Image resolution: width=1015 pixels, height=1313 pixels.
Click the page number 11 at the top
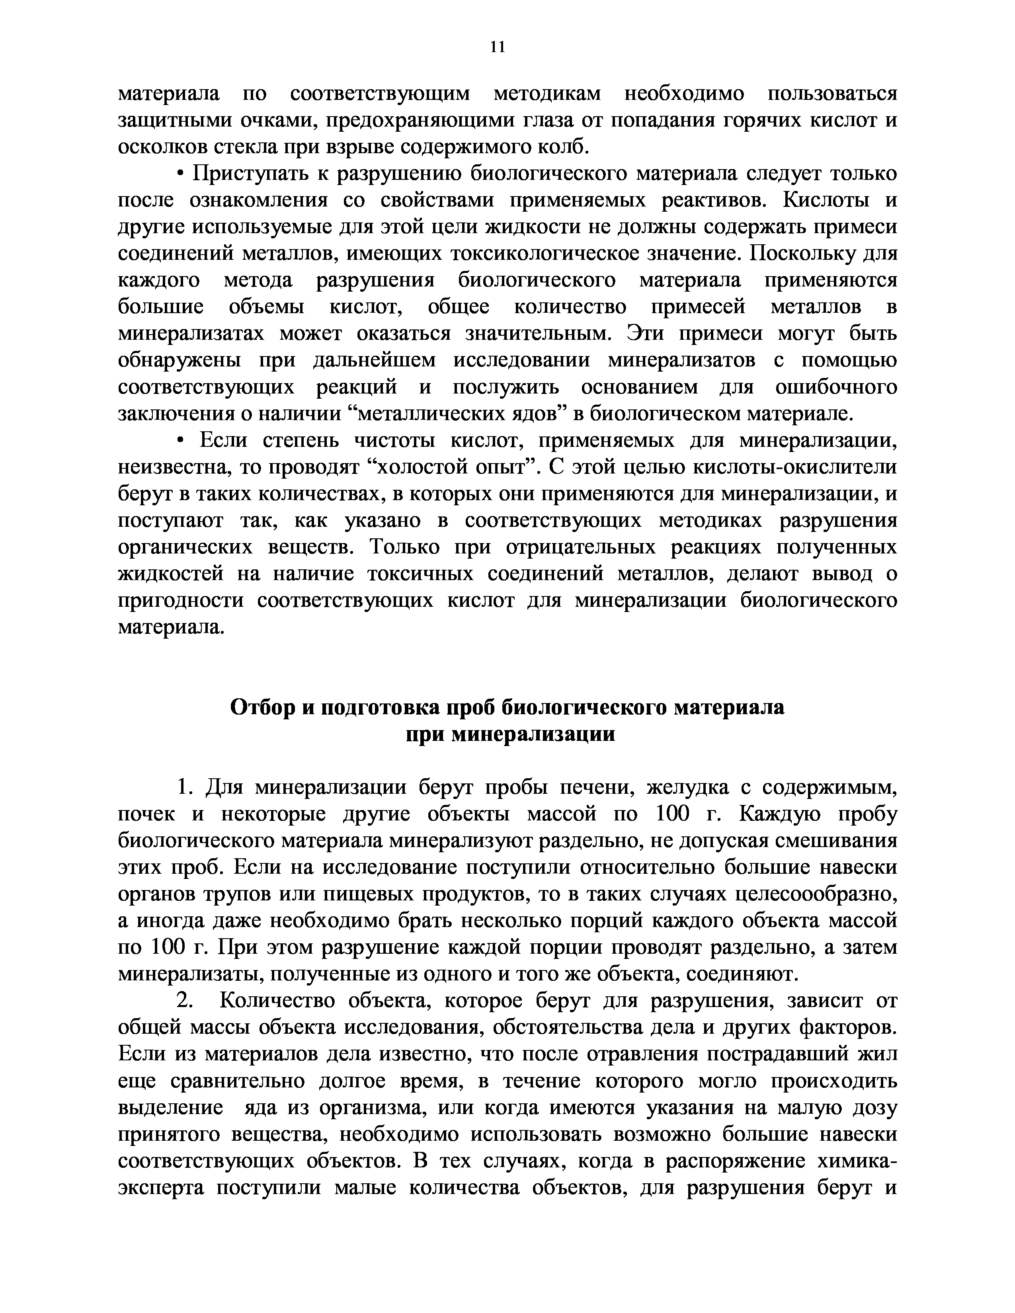pos(497,47)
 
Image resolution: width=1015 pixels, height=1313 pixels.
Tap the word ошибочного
pos(836,387)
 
